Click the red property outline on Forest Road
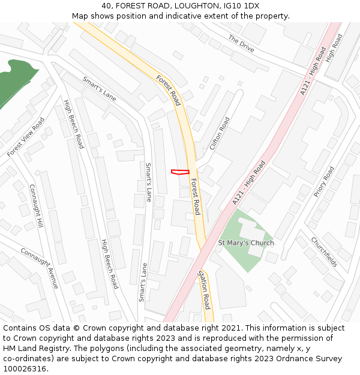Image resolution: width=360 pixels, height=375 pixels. coord(180,172)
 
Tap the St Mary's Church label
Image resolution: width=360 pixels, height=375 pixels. coord(245,243)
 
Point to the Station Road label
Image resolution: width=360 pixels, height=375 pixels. coord(203,289)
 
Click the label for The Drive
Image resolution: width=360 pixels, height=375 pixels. coord(241,45)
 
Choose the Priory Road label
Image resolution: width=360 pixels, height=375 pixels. coord(324,182)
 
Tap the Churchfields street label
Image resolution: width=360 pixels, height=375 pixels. coord(323,252)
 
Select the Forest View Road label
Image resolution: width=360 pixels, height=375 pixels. coord(26,137)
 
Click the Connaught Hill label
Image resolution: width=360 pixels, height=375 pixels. coord(37,205)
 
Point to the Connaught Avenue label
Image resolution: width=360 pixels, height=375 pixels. coord(40,268)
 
